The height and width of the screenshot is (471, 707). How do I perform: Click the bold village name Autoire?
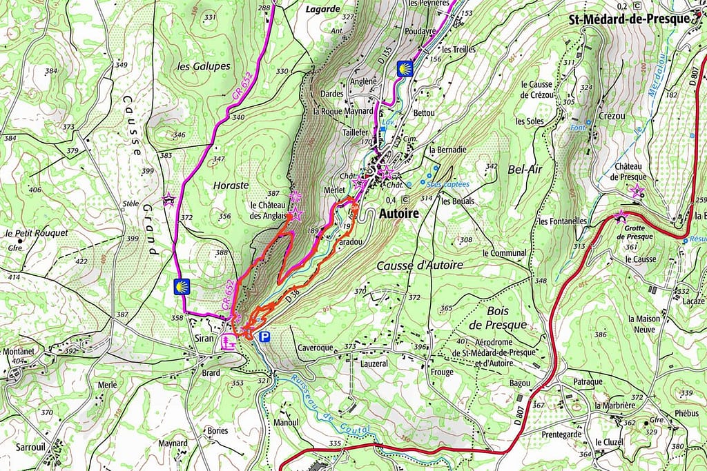[x=398, y=214]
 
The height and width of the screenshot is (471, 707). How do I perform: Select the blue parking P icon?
[x=264, y=337]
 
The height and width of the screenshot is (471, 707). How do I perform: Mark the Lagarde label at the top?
[x=322, y=9]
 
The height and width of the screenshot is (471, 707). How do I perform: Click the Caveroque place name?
[x=315, y=348]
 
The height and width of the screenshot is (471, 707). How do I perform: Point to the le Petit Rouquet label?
[x=36, y=233]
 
